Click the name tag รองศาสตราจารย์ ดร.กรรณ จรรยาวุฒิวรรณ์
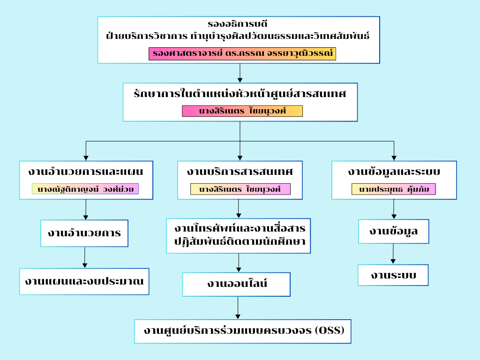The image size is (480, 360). pos(242,54)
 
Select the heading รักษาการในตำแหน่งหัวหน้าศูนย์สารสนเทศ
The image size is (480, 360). pos(240,93)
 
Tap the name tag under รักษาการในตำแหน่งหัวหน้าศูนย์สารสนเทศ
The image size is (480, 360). pos(242,111)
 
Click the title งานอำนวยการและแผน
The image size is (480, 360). pos(86,172)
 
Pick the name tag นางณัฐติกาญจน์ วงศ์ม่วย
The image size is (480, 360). pos(86,189)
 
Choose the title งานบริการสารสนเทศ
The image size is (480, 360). pos(240,172)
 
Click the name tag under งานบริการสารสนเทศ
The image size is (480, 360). pos(240,189)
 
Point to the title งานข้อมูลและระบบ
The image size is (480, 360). pos(394,172)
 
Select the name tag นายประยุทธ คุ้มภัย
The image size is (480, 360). pos(394,189)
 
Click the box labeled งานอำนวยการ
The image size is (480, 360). pos(84,233)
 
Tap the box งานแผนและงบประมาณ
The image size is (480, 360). pos(84,281)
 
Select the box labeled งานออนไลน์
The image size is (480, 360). pos(236,284)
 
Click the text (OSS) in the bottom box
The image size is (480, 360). pos(330,330)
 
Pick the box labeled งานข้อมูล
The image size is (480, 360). pos(393,232)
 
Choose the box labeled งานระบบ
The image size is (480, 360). pos(393,275)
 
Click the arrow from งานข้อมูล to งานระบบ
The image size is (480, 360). pos(393,254)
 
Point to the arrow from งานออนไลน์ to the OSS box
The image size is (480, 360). pos(238,308)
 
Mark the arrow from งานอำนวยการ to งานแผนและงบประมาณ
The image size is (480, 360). pos(84,257)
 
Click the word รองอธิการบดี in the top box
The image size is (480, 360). pos(238,23)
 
